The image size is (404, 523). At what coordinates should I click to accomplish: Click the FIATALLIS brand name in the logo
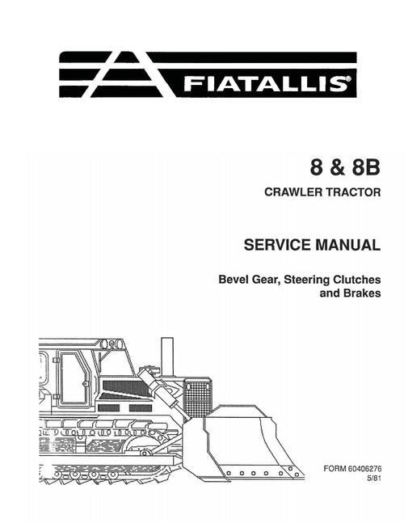[265, 84]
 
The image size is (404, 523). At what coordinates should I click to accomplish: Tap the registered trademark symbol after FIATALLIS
[349, 79]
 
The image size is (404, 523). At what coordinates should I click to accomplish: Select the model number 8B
[366, 167]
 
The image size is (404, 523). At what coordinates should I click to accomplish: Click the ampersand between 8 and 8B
[337, 168]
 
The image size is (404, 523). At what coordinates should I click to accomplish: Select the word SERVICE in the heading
[277, 245]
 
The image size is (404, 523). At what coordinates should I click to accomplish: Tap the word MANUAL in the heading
[347, 245]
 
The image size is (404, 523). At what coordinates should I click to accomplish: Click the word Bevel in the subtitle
[234, 280]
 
